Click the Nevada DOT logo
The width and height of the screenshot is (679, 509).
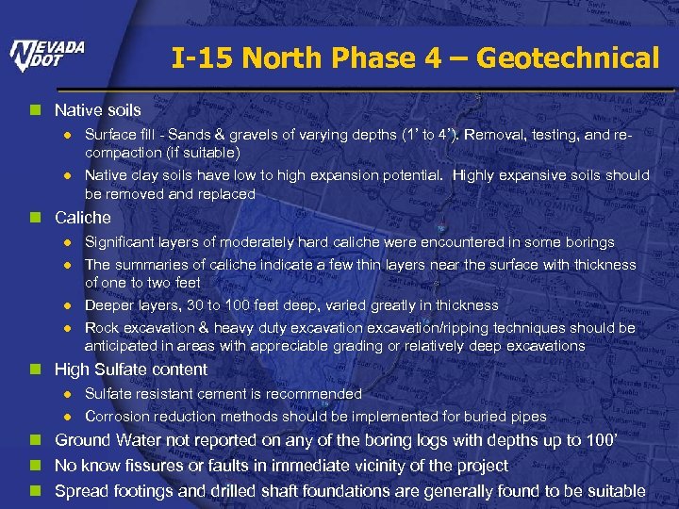point(47,56)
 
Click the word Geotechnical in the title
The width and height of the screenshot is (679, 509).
point(568,58)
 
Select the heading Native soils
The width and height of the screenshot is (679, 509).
point(98,110)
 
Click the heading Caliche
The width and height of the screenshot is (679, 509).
point(83,218)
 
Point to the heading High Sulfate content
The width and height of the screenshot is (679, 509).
point(131,369)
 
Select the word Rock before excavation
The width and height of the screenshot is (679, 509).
point(102,328)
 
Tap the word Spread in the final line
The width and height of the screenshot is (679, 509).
point(80,491)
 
